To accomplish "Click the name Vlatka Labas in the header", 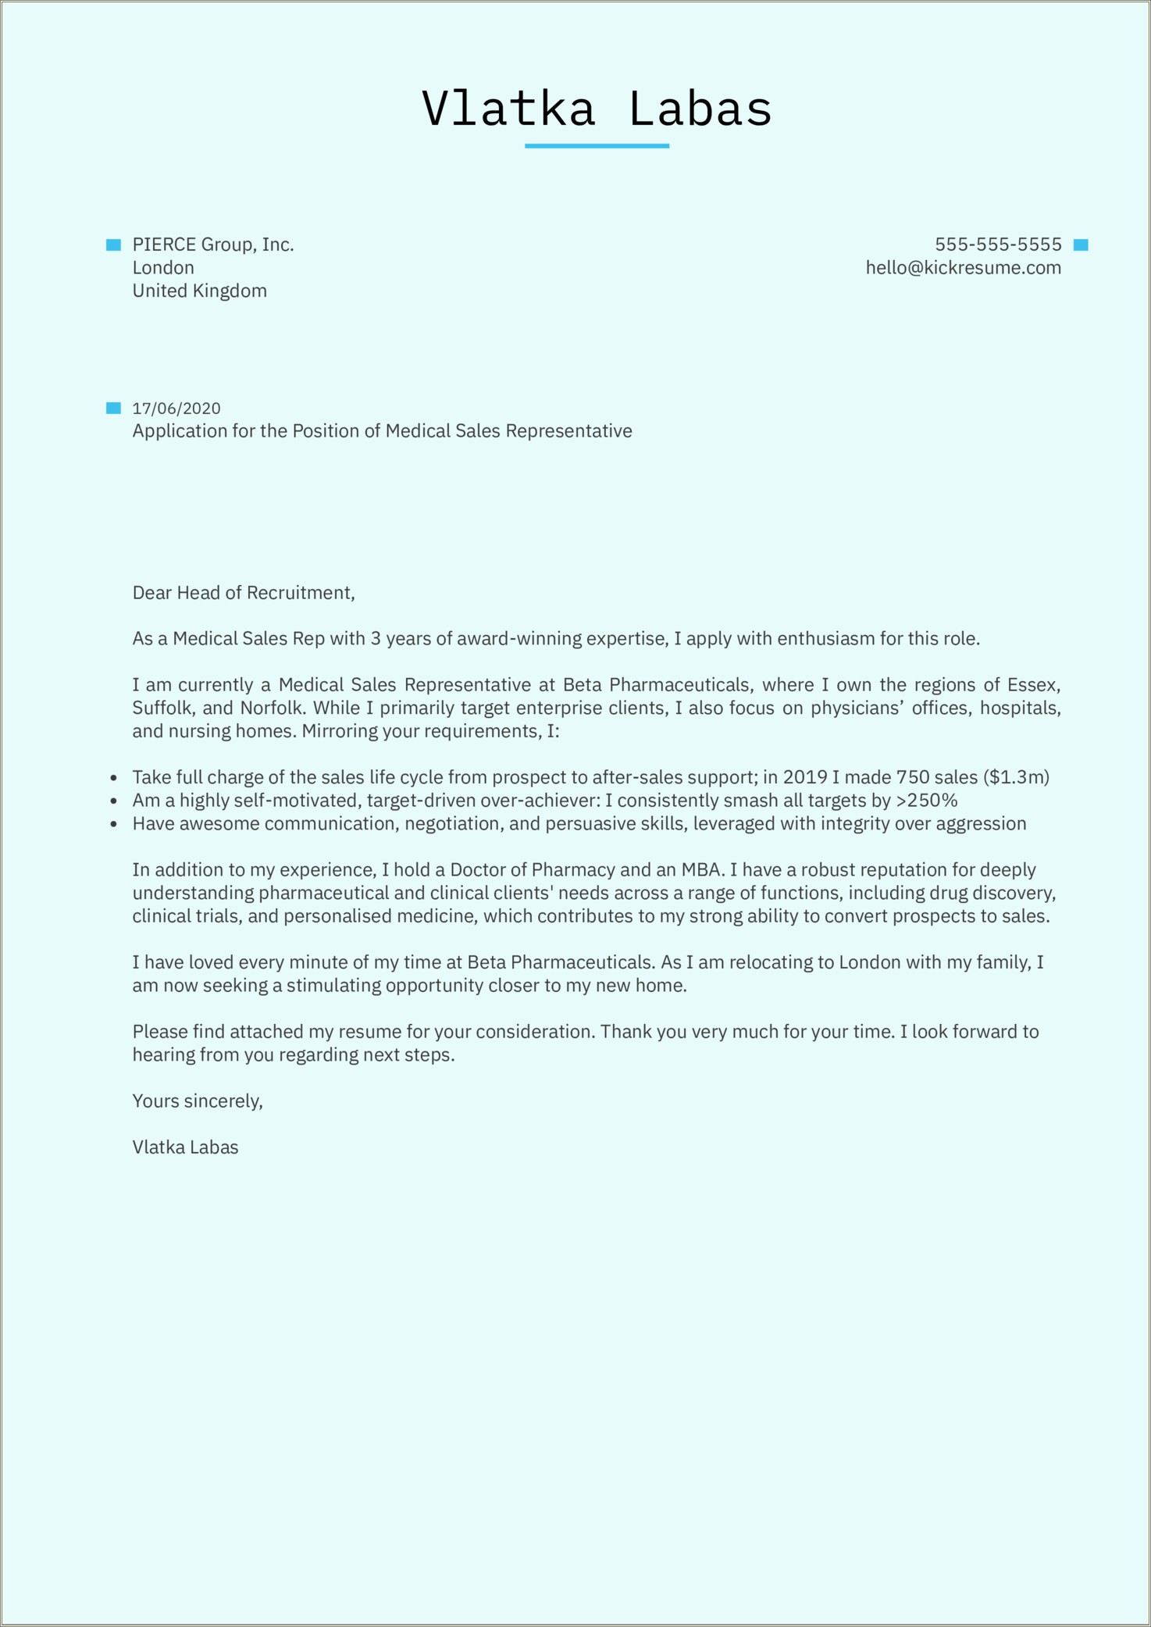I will pyautogui.click(x=597, y=109).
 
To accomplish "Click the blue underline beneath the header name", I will pyautogui.click(x=597, y=146).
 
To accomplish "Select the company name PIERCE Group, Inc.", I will pyautogui.click(x=213, y=244).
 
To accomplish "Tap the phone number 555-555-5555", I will pyautogui.click(x=998, y=244).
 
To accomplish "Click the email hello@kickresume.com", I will pyautogui.click(x=963, y=268).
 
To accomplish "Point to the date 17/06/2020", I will pyautogui.click(x=176, y=409).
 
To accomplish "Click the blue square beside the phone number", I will pyautogui.click(x=1081, y=245).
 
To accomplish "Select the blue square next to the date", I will pyautogui.click(x=114, y=408).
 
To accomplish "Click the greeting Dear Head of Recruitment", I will pyautogui.click(x=244, y=593).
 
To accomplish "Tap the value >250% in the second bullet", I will pyautogui.click(x=926, y=801).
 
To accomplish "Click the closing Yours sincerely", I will pyautogui.click(x=198, y=1101).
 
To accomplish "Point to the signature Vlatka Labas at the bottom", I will pyautogui.click(x=185, y=1147).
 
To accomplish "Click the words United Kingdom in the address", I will pyautogui.click(x=199, y=291).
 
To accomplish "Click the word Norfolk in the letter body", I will pyautogui.click(x=271, y=708).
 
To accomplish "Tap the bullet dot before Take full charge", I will pyautogui.click(x=114, y=778).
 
